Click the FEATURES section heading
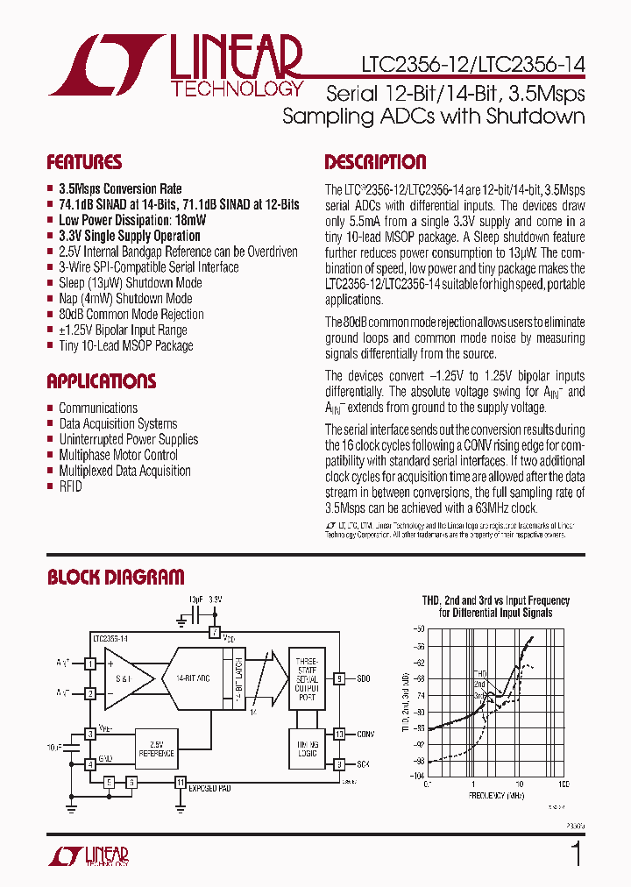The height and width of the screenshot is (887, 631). (84, 162)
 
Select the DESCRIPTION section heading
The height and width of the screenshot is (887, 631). (375, 162)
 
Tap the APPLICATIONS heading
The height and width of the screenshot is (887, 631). (101, 381)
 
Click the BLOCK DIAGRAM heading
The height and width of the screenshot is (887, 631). (116, 577)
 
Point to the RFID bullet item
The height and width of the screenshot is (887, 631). (70, 486)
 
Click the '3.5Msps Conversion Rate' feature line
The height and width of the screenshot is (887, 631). (120, 188)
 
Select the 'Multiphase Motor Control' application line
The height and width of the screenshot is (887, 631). (118, 455)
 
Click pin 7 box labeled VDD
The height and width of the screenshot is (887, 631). (215, 632)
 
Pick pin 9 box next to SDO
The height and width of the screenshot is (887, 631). (338, 678)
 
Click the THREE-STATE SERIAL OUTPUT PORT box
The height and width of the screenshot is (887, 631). (306, 678)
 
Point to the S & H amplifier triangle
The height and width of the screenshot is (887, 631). (123, 679)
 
